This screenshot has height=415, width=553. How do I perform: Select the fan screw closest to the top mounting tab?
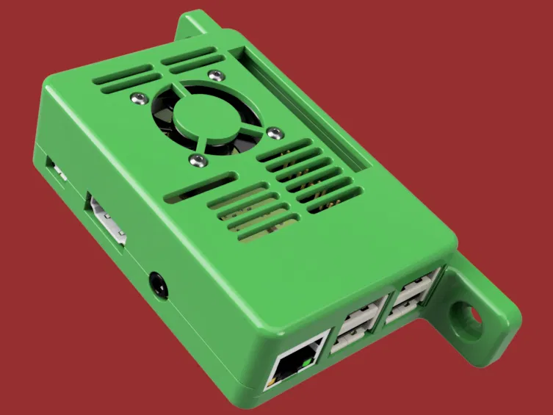point(214,73)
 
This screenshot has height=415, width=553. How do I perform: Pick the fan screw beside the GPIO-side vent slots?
point(275,132)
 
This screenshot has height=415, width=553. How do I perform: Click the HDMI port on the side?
point(105,217)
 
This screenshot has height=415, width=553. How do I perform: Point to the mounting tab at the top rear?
point(192,26)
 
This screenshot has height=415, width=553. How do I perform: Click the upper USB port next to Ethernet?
point(361,314)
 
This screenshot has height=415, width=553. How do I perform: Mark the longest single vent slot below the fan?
point(200,187)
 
